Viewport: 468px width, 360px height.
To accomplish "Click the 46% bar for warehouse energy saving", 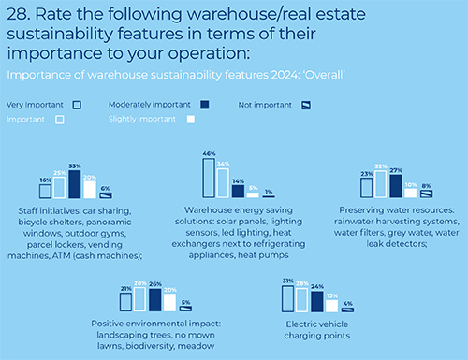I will pos(209,178).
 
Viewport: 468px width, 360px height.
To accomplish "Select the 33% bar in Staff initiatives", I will pos(73,185).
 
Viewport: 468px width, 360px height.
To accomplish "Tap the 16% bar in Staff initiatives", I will pos(44,192).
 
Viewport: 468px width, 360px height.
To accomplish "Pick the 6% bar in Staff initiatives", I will pos(105,196).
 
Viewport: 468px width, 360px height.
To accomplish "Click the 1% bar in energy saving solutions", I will pos(269,197).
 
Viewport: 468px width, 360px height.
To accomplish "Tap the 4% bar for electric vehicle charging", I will pos(347,309).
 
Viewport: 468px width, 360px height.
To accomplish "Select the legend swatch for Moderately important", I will pos(204,105).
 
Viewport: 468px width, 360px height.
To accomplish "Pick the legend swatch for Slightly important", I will pos(189,120).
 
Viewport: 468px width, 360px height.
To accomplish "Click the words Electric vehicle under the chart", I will pos(317,324).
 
